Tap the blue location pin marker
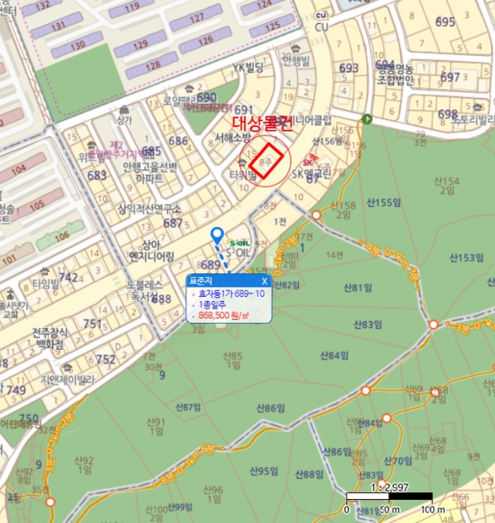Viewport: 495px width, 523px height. coord(217,236)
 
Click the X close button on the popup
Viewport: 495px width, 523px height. coord(264,282)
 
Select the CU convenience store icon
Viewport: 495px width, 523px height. coord(322,16)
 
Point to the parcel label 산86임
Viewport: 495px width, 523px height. coord(271,408)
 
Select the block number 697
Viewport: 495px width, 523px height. coord(450,77)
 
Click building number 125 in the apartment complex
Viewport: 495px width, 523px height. coord(271,29)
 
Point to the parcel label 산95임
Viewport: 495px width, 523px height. coord(263,471)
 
